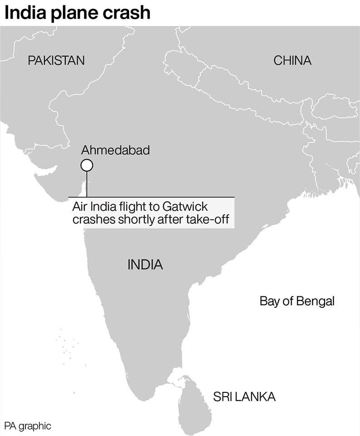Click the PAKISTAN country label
tap(56, 61)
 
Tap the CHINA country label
tap(292, 61)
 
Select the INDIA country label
tap(145, 265)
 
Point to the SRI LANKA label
tap(244, 397)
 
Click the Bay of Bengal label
tap(297, 301)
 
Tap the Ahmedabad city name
tap(115, 150)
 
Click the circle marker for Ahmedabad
tap(87, 165)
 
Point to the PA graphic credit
tap(28, 426)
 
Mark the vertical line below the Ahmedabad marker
tap(87, 184)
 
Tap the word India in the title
tap(24, 12)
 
